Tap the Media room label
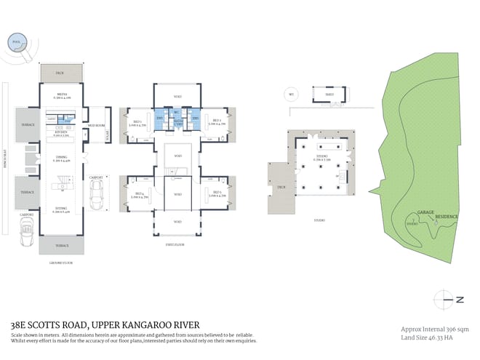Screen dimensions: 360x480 62,95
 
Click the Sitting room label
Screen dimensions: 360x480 62,209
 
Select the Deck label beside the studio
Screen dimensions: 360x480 281,187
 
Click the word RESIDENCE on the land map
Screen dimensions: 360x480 446,217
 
